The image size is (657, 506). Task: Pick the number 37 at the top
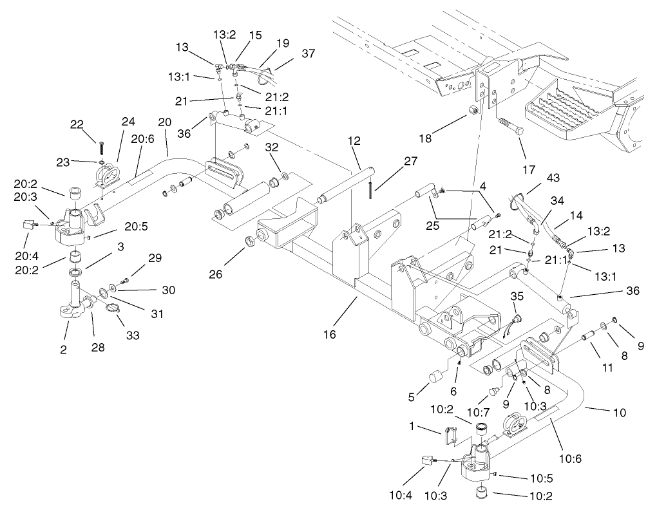[x=309, y=53]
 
